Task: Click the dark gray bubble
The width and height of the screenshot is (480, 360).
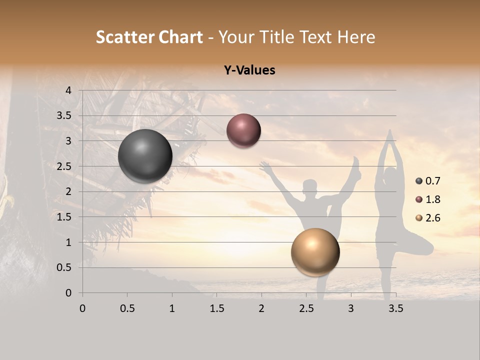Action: point(145,156)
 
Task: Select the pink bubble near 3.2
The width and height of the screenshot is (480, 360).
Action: point(243,131)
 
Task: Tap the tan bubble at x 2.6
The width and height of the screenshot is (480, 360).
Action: point(315,252)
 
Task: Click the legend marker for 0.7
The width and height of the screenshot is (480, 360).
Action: point(418,181)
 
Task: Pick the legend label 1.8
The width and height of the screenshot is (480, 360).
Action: point(433,199)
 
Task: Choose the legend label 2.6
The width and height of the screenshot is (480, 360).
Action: point(433,218)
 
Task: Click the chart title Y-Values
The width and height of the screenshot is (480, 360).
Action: point(249,70)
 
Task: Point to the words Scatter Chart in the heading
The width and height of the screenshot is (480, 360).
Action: point(149,37)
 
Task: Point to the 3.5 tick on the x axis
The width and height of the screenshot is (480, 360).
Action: point(395,309)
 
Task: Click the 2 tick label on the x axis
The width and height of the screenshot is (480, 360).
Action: point(261,309)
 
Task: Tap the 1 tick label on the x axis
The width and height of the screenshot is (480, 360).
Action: point(172,309)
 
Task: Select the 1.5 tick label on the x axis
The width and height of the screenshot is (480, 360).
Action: point(216,309)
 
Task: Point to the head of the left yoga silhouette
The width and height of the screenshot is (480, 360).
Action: point(310,187)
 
